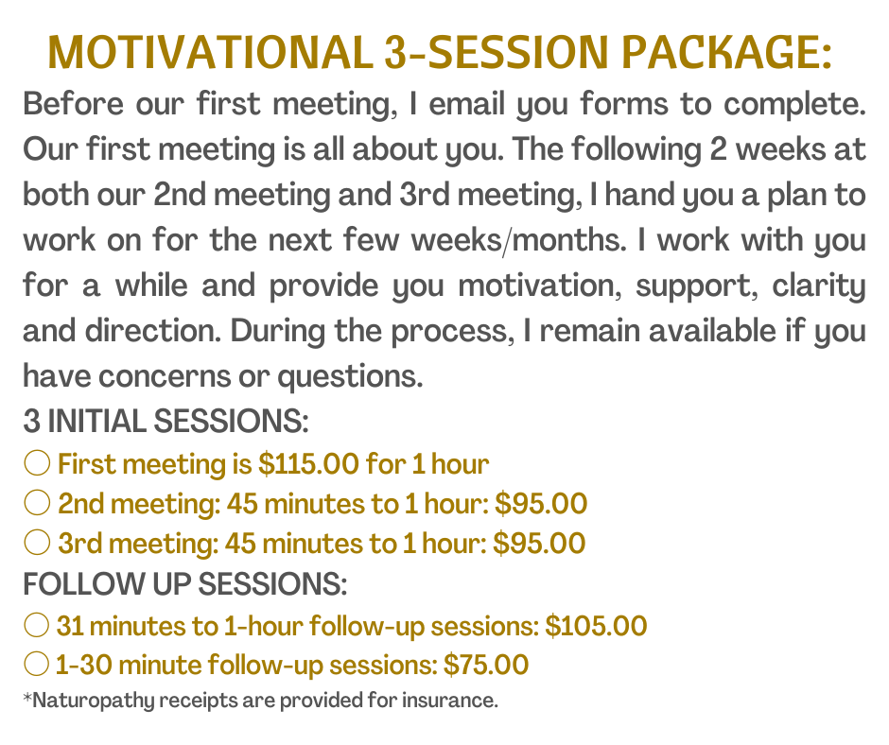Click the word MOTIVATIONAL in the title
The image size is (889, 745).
(x=210, y=52)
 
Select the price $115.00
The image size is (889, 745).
(x=308, y=464)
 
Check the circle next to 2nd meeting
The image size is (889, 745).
(x=38, y=503)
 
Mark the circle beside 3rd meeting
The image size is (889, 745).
(x=38, y=543)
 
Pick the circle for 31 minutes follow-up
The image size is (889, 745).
(x=37, y=625)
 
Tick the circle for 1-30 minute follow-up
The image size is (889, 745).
(x=37, y=664)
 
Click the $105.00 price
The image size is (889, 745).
(x=596, y=626)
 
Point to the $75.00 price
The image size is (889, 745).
(x=486, y=665)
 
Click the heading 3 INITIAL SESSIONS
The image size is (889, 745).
(x=166, y=422)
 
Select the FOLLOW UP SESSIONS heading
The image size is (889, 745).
(x=184, y=584)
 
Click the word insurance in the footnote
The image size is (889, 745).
(x=449, y=701)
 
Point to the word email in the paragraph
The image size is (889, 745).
(x=466, y=104)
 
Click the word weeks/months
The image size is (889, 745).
(x=519, y=240)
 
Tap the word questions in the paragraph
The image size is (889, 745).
(x=350, y=377)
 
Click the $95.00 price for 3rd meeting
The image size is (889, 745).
(x=539, y=544)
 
